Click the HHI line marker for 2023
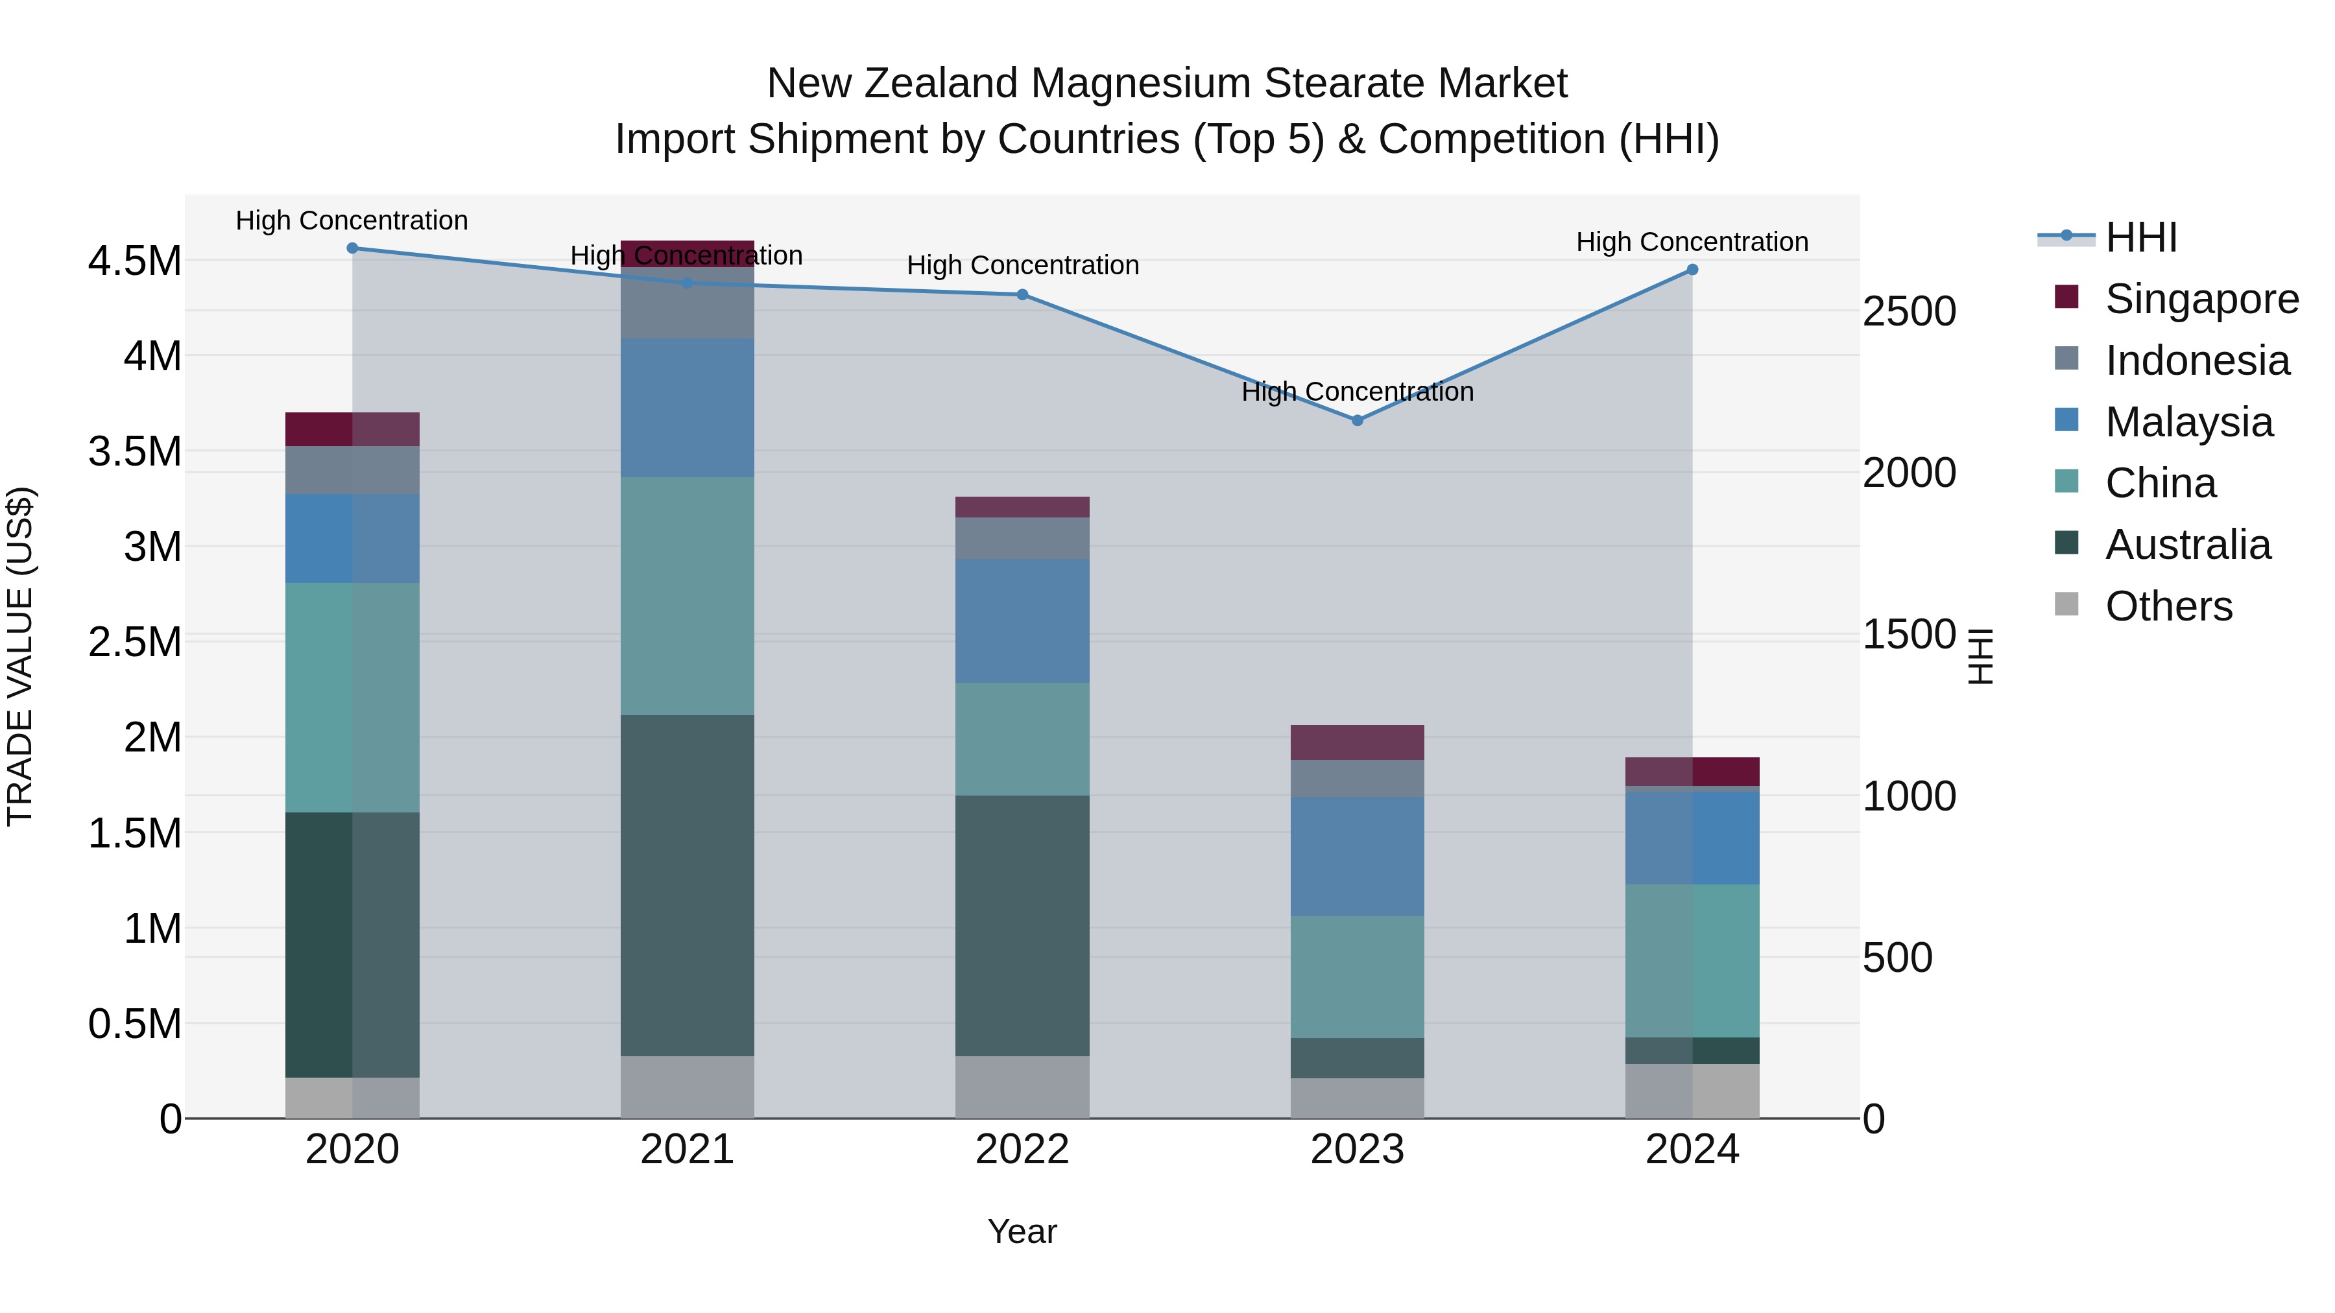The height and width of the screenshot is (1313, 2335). coord(1357,420)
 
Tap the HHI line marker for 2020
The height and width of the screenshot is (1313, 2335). coord(353,248)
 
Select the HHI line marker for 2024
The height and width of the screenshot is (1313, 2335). coord(1692,270)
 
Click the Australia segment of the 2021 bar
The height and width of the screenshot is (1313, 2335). coord(687,885)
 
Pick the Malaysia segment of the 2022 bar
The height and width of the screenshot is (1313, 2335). coord(1022,621)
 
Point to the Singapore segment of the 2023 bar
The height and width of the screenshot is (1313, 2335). coord(1357,742)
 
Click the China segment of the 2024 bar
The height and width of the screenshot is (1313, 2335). coord(1692,960)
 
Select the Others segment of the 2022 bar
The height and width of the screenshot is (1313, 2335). coord(1022,1087)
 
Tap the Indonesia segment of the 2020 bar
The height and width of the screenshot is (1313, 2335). coord(353,469)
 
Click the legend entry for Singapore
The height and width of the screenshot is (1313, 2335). coord(2201,299)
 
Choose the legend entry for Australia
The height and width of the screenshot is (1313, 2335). coord(2187,545)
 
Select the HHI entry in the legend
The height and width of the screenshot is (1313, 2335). coord(2140,237)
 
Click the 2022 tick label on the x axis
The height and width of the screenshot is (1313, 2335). coord(1022,1150)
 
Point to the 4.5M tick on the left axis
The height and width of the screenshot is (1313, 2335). coord(134,261)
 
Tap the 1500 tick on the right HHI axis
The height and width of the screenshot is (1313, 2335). coord(1909,634)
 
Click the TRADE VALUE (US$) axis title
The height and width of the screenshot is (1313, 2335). coord(20,656)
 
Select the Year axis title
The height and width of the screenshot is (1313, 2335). coord(1022,1231)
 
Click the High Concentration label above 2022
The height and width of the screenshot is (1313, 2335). coord(1022,265)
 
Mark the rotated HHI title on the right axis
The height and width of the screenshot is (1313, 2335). coord(1982,656)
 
